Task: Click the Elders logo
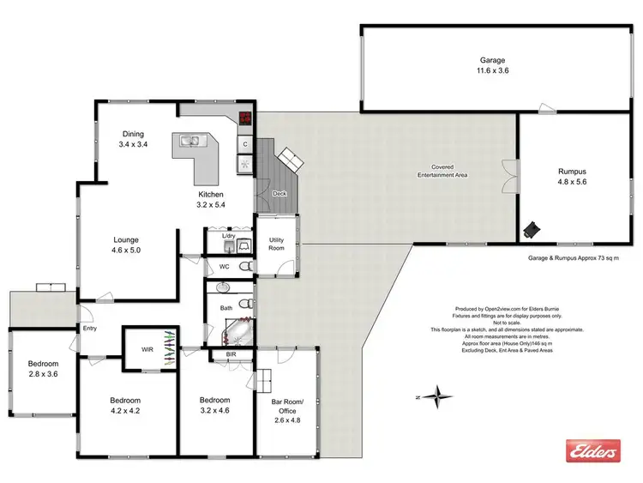(591, 450)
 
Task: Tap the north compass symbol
(439, 396)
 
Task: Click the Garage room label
(492, 60)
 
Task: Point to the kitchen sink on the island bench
(189, 142)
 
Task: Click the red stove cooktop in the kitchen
(245, 121)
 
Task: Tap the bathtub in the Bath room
(233, 330)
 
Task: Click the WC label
(224, 267)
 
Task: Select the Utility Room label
(275, 244)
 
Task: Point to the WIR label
(147, 349)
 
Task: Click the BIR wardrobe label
(231, 353)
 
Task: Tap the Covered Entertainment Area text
(442, 171)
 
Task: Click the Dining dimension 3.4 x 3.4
(133, 145)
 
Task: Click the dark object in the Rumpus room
(533, 227)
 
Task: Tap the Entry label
(89, 329)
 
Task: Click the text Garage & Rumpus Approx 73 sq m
(573, 257)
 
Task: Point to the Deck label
(279, 194)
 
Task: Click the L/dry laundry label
(228, 235)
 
